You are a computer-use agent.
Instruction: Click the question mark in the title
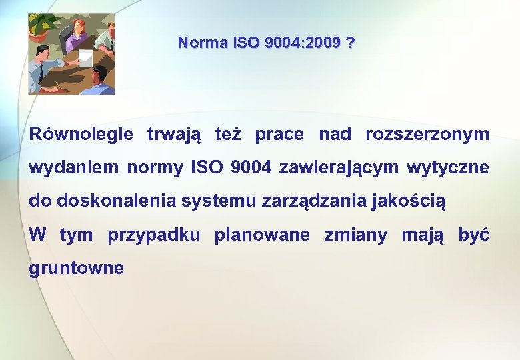click(x=351, y=43)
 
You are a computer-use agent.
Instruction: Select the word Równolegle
click(x=81, y=135)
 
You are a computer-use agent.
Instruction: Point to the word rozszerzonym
click(x=427, y=135)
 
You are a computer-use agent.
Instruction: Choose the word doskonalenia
click(x=113, y=201)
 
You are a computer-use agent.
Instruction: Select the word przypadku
click(x=153, y=235)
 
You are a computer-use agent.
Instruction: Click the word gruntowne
click(x=76, y=269)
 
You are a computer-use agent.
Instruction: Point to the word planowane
click(x=262, y=235)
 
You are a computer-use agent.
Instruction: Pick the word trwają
click(x=173, y=135)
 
